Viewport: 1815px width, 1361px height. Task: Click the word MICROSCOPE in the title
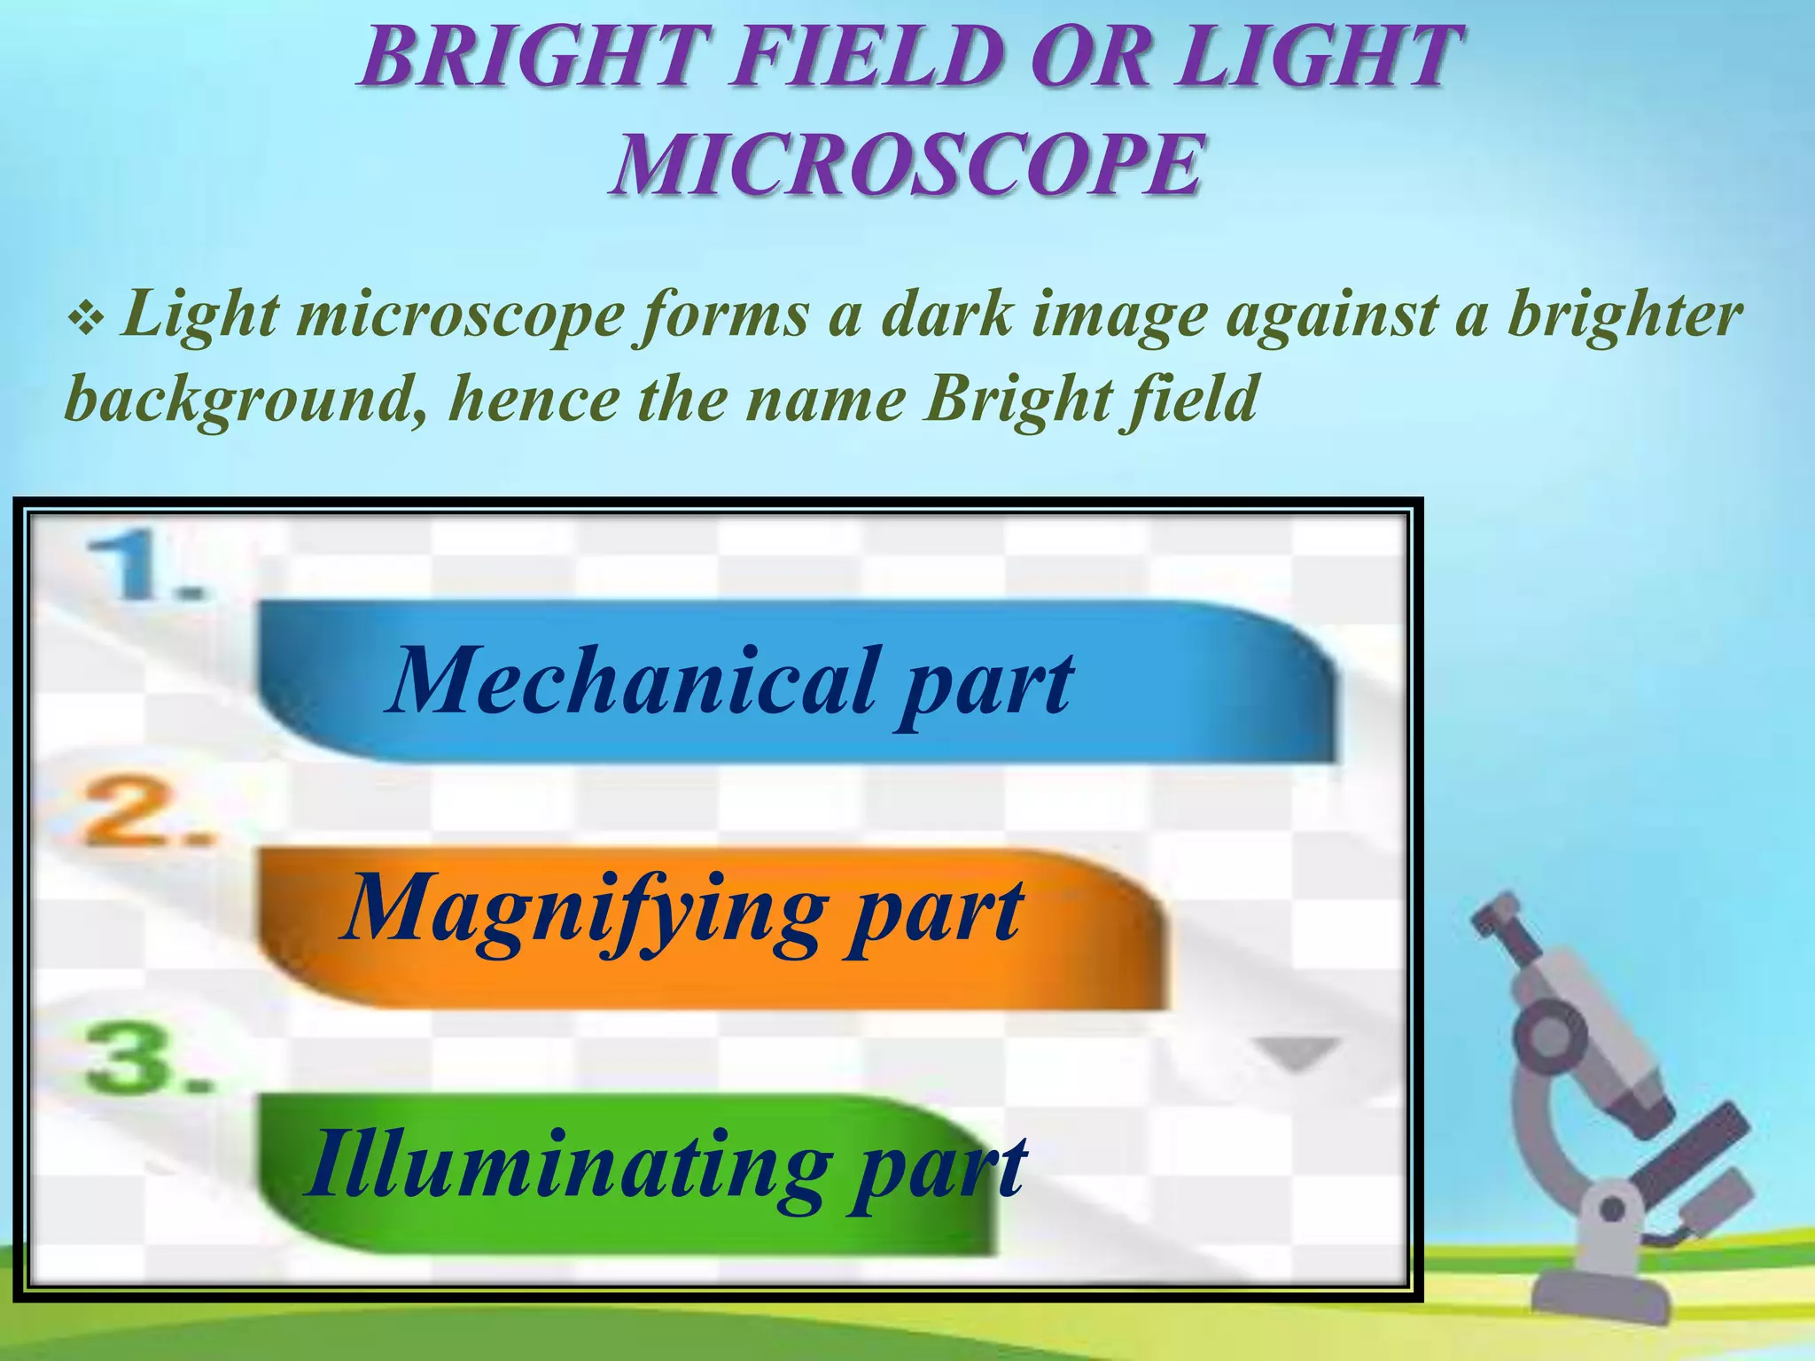pos(906,165)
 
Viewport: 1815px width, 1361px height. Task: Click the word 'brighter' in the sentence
pos(1625,315)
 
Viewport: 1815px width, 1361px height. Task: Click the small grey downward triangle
pos(1297,1053)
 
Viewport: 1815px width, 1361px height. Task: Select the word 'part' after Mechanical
pos(984,686)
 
